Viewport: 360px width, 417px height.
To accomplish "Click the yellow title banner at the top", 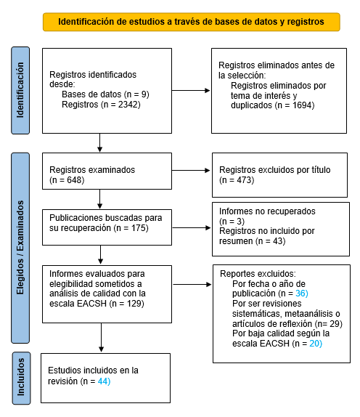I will coord(191,22).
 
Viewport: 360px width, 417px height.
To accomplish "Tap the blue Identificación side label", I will coord(20,91).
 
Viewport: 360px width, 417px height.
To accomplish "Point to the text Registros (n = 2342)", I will coord(101,105).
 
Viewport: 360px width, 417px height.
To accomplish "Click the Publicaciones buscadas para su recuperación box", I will coord(106,223).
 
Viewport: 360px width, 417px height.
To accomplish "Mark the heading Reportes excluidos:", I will coord(253,272).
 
